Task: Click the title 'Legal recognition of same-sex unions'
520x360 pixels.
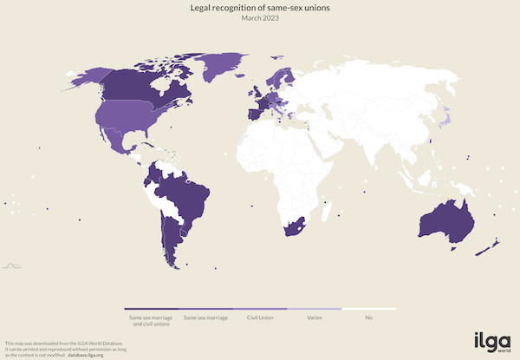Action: (260, 8)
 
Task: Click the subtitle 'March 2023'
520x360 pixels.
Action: (260, 19)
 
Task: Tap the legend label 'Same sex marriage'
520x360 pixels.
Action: (206, 318)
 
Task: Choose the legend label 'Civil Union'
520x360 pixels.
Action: (260, 318)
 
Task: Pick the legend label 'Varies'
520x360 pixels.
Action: (315, 318)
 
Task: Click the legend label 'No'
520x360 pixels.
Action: (368, 318)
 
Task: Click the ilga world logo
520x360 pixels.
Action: (491, 340)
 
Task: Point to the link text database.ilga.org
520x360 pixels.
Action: (84, 355)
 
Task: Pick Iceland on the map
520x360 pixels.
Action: (239, 71)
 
